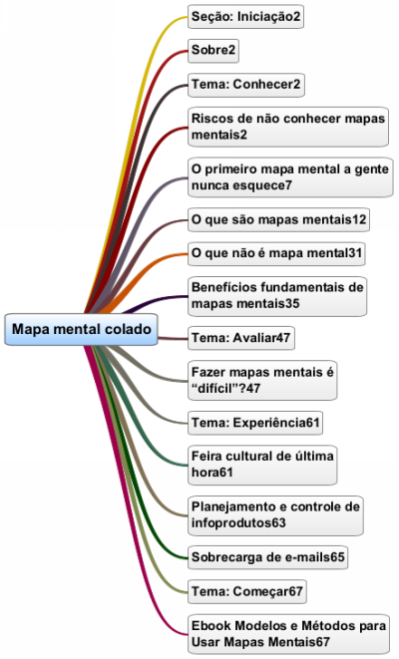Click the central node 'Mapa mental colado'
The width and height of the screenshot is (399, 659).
coord(81,329)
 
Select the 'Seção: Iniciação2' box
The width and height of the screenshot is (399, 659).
coord(245,17)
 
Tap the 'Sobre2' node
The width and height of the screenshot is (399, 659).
coord(213,51)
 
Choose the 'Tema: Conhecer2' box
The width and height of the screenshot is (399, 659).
coord(246,85)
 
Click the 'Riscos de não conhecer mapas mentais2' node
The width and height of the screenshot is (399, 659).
coord(288,127)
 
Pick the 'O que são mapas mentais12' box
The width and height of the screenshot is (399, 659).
coord(278,219)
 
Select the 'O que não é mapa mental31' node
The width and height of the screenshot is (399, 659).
coord(276,253)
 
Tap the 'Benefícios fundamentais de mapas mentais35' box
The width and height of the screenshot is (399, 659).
coord(277,296)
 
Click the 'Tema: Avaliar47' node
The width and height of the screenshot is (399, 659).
coord(241,338)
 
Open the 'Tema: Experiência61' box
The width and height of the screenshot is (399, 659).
coord(255,423)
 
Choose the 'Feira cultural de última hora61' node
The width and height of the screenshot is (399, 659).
coord(262,465)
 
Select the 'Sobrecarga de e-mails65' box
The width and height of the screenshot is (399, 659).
coord(267,557)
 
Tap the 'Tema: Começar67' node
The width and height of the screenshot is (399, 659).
coord(247,592)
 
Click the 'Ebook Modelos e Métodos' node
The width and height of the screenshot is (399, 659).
coord(288,634)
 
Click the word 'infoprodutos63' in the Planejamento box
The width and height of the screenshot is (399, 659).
coord(238,523)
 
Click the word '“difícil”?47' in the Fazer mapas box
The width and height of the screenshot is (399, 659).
coord(225,389)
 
